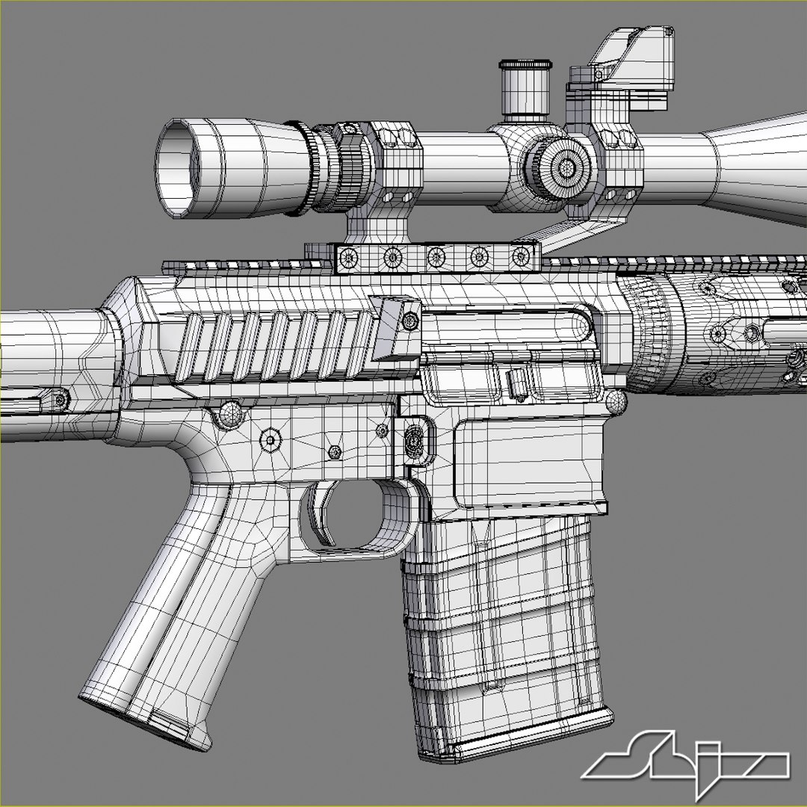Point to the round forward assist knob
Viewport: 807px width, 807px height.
[x=617, y=402]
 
